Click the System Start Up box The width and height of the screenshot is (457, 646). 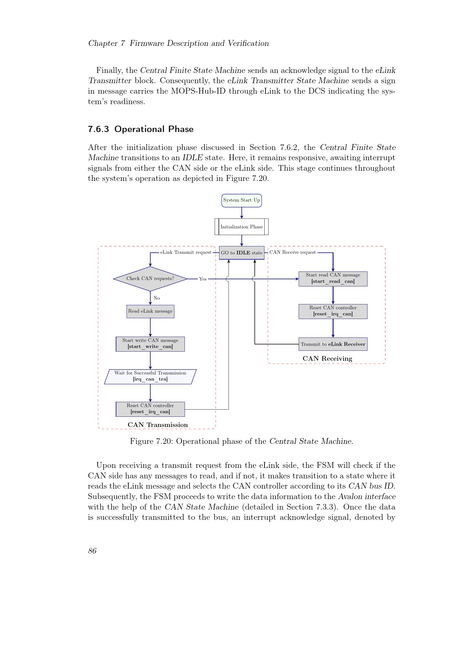point(241,200)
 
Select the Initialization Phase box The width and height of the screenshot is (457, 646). point(241,227)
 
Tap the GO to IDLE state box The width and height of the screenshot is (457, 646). point(241,253)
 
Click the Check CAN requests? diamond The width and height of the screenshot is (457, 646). point(150,279)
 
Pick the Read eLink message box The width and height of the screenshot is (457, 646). point(150,311)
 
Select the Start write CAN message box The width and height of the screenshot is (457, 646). point(150,344)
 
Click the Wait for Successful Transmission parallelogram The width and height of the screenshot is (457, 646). point(150,376)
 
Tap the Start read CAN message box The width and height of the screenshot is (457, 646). point(333,278)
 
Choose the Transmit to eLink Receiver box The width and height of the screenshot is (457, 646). point(333,344)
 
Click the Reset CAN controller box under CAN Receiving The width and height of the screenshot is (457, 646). point(333,311)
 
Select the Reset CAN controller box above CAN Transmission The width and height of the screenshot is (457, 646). point(150,409)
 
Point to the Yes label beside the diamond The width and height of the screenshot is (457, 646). point(203,279)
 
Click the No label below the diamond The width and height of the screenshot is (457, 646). point(157,298)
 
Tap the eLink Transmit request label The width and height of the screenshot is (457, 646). point(185,252)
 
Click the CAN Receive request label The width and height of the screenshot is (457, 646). point(292,252)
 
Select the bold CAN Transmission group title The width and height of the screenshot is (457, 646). point(157,425)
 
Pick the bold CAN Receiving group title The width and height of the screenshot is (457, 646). point(327,358)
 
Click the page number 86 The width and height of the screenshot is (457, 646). point(92,551)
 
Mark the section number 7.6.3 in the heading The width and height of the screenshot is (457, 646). point(98,129)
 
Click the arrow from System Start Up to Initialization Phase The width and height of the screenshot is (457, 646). point(241,213)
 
